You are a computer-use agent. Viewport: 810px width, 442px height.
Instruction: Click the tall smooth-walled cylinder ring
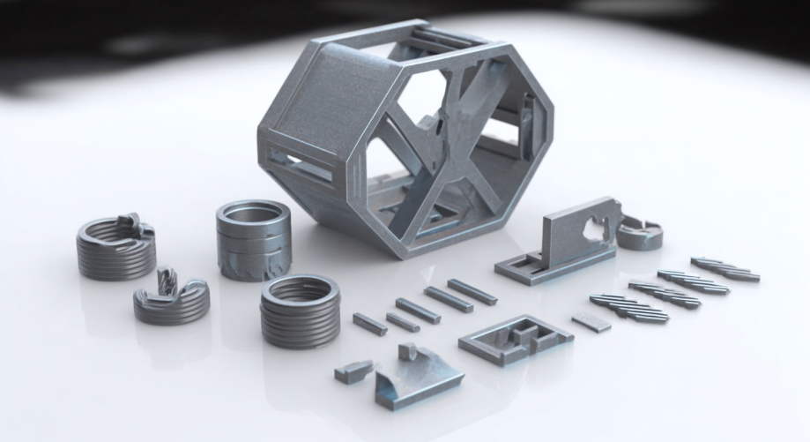pos(253,239)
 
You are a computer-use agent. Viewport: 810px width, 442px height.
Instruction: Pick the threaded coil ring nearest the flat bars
pos(301,311)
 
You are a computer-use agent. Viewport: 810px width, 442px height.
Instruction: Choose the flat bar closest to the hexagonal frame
pos(472,291)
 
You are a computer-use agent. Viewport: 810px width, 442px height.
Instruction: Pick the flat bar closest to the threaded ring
pos(369,324)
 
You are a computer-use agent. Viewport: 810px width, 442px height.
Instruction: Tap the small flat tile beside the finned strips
pos(591,322)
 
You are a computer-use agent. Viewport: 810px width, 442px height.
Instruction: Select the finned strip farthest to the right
pos(725,268)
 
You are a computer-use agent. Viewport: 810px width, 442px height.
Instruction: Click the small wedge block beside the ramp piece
pos(353,371)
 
